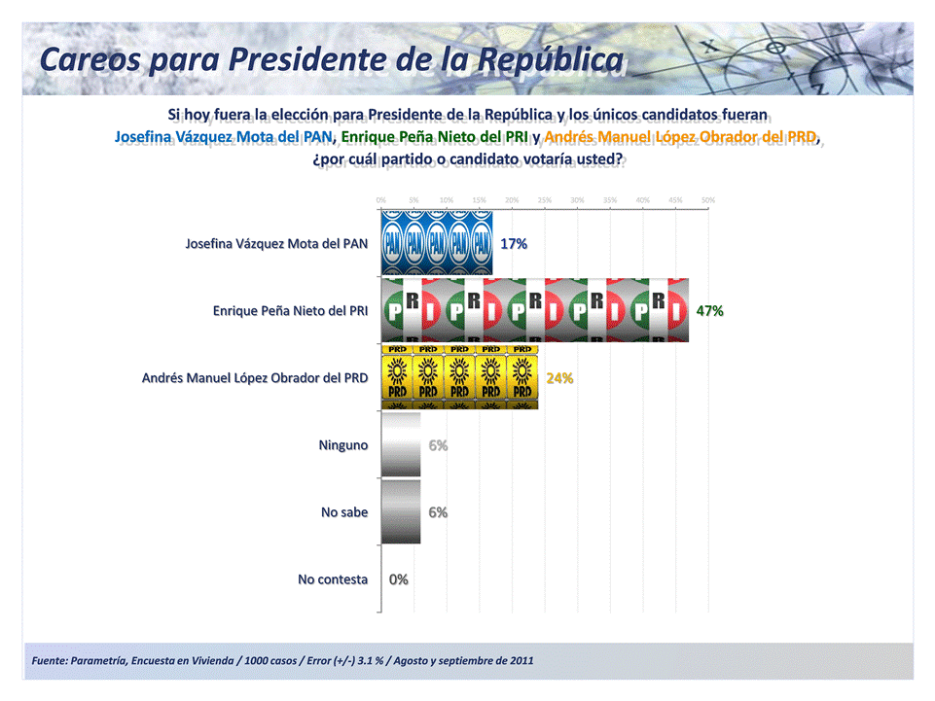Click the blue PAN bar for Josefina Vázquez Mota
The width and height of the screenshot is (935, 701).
437,242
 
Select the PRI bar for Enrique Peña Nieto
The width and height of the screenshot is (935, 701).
535,310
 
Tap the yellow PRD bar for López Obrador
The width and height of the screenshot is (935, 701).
459,377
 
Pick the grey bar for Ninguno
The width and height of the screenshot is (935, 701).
401,444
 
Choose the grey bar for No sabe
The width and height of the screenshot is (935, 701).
401,511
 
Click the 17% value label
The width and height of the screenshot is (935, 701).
514,243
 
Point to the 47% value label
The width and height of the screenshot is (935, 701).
709,311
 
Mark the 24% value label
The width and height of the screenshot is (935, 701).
559,378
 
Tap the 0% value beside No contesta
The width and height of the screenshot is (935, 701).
398,579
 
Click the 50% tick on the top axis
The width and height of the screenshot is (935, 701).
708,200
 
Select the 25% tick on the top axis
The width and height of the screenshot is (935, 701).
544,200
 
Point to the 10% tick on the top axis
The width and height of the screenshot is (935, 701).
446,200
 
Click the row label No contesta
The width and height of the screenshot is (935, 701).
333,579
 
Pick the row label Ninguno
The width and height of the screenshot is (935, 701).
343,445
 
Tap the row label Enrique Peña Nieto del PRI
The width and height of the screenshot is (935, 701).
290,311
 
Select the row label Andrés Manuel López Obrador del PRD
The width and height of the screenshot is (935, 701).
255,378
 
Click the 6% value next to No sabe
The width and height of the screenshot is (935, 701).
438,512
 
